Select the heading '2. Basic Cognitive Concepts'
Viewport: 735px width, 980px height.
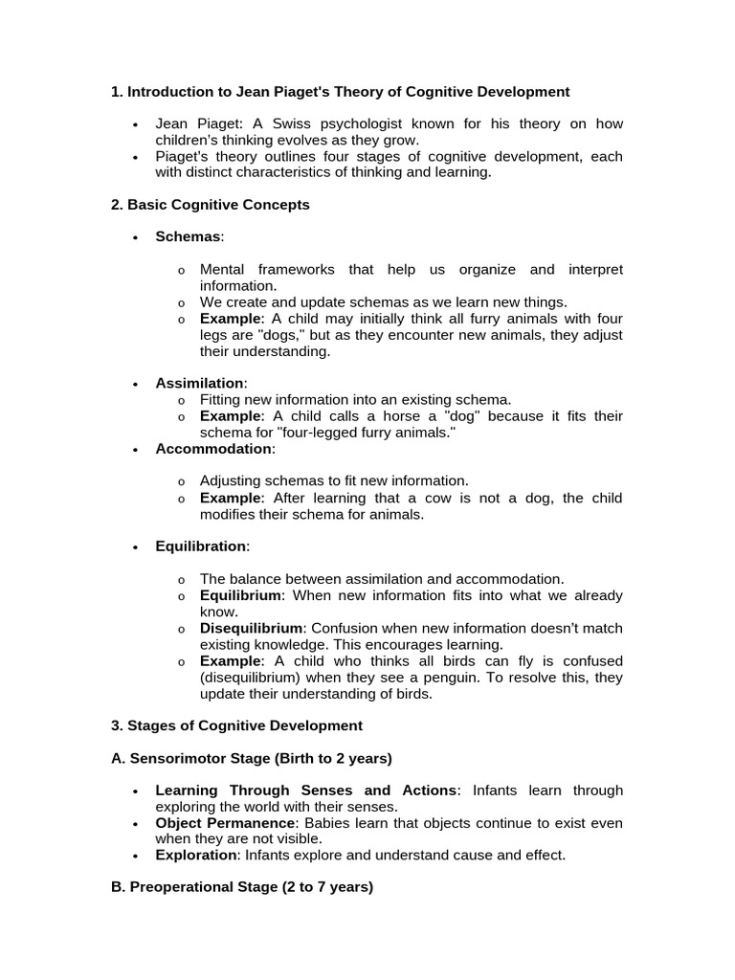tap(211, 205)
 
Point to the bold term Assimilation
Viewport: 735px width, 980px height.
tap(200, 383)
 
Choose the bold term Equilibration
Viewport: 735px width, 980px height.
tap(201, 546)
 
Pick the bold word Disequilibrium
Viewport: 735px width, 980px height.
tap(251, 628)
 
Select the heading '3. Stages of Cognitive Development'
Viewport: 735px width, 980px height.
tap(236, 725)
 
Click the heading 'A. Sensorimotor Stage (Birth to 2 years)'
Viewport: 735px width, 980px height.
tap(252, 758)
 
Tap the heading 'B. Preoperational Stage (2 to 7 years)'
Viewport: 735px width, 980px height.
tap(242, 887)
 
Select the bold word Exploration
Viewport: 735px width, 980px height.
tap(194, 855)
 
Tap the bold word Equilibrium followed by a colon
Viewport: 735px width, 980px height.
tap(240, 595)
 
